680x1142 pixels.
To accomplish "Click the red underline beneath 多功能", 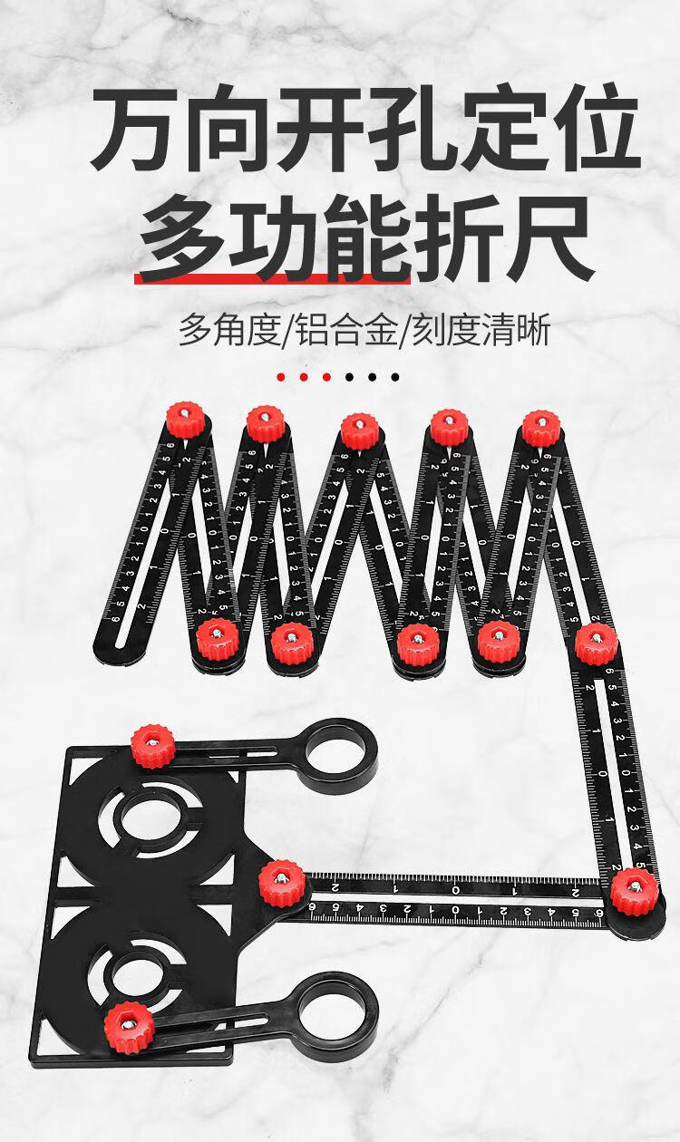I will click(x=272, y=278).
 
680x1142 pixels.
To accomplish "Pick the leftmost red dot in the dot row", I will click(x=282, y=376).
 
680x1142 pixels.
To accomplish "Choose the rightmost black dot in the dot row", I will click(x=395, y=376).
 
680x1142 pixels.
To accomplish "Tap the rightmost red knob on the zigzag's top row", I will click(x=541, y=428).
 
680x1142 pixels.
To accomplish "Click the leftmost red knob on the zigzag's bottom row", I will click(x=217, y=639).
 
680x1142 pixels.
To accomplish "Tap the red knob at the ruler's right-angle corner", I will click(x=634, y=890).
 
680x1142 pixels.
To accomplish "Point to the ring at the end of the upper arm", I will click(x=341, y=755).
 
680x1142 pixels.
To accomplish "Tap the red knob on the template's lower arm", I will click(x=128, y=1026).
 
